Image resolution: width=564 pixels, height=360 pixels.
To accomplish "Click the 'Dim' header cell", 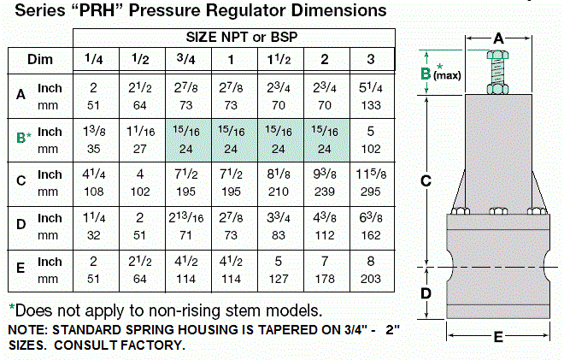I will tap(40, 61).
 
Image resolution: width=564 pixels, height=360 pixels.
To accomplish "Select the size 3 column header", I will tap(370, 60).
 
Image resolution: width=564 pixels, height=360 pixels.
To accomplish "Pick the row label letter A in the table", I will tap(21, 95).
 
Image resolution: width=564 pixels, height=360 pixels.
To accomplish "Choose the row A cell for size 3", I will tap(370, 95).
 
